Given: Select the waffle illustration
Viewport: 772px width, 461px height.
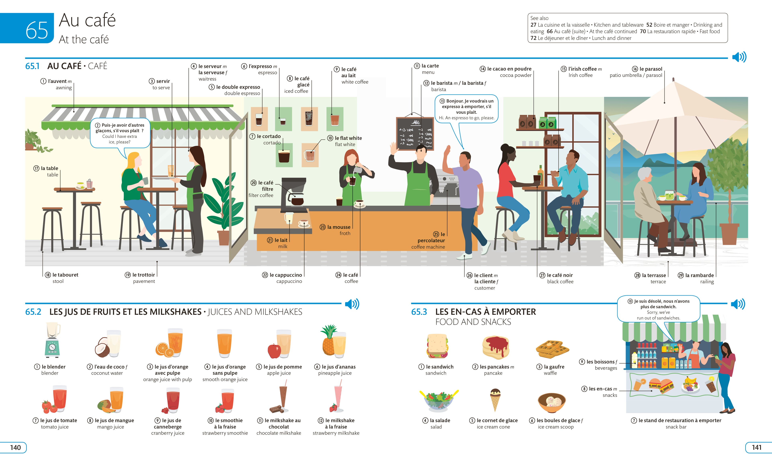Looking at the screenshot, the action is [552, 349].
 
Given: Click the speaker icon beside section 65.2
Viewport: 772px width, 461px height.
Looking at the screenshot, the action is [352, 304].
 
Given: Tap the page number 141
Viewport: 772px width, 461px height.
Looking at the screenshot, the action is [757, 447].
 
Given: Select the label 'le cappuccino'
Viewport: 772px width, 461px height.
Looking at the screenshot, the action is [286, 275].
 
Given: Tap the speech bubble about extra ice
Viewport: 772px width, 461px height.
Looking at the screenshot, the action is [120, 134].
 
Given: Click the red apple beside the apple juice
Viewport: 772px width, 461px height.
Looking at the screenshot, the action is [274, 351].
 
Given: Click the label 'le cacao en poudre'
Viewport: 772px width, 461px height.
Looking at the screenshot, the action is [509, 69].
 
